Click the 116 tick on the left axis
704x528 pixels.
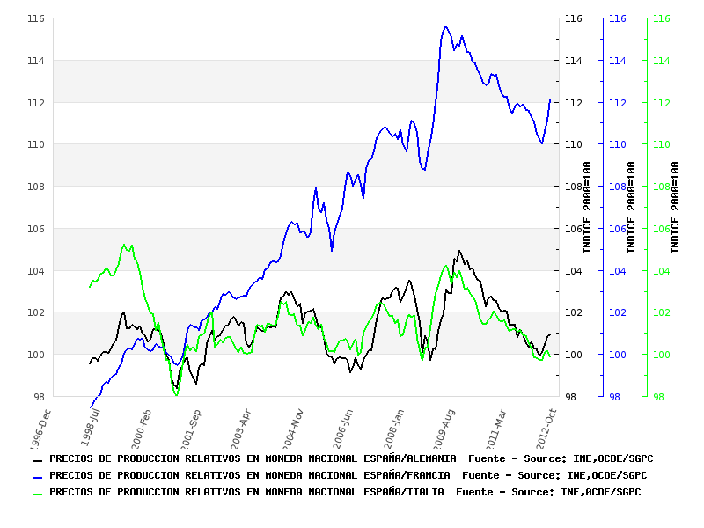pyautogui.click(x=37, y=18)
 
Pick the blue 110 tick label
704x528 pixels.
pyautogui.click(x=617, y=144)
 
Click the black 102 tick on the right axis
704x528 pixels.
pyautogui.click(x=573, y=312)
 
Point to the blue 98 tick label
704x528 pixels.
pyautogui.click(x=613, y=397)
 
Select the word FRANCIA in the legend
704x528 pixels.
pyautogui.click(x=425, y=475)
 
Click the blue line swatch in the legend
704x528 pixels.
pyautogui.click(x=38, y=476)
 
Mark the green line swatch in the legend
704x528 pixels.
pyautogui.click(x=38, y=493)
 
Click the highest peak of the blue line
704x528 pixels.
pyautogui.click(x=446, y=26)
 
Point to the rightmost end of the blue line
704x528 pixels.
pyautogui.click(x=550, y=99)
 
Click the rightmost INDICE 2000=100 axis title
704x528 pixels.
pyautogui.click(x=675, y=208)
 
